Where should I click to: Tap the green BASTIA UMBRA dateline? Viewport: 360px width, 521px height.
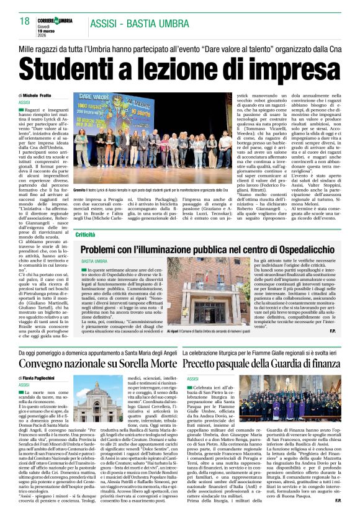94,262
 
